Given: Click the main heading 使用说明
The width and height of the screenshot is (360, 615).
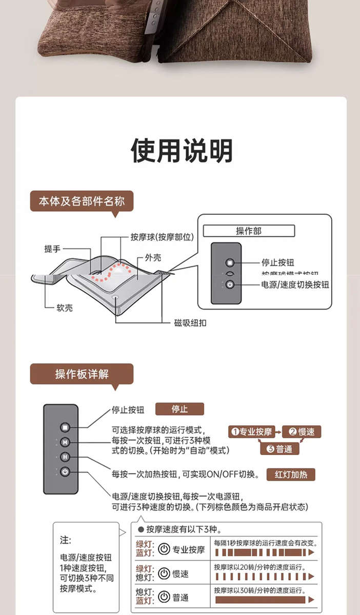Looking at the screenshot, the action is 182,151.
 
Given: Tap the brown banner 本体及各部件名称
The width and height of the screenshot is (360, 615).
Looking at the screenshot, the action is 82,201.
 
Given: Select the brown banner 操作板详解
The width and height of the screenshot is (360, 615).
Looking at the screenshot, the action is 82,374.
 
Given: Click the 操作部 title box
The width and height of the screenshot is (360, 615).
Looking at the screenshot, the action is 249,231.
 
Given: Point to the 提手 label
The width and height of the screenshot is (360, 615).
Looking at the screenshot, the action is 52,249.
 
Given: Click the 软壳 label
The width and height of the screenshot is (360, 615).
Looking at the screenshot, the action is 65,307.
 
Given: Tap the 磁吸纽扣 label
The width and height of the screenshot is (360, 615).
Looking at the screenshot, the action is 190,323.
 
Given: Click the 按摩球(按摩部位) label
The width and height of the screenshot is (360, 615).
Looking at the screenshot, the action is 162,237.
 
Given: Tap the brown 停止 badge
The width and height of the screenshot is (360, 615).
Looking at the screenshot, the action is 179,409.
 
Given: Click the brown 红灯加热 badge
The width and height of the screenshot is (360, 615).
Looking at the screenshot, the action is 291,474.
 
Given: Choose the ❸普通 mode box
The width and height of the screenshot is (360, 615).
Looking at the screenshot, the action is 279,448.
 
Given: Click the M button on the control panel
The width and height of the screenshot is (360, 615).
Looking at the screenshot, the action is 65,442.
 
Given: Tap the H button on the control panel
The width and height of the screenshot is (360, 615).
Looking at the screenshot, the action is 65,457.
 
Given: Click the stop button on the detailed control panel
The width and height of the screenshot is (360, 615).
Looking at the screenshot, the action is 65,427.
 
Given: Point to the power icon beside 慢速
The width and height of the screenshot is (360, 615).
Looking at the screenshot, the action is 164,573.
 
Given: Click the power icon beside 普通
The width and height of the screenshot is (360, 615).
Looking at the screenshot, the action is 164,597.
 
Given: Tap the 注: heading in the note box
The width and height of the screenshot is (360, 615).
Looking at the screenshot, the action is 66,540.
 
